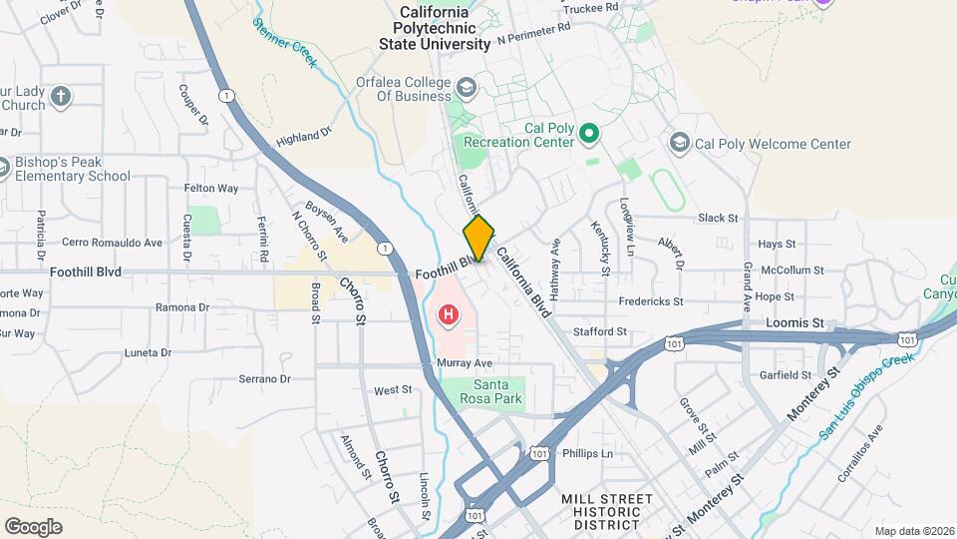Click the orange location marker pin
(479, 239)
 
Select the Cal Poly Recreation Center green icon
(588, 133)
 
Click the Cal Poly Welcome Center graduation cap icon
(680, 144)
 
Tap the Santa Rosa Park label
(497, 391)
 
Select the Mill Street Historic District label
(606, 511)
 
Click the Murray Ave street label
(465, 362)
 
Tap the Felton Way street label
(211, 188)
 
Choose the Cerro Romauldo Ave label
(112, 243)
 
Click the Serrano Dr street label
(264, 379)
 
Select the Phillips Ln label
(587, 453)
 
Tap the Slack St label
(718, 218)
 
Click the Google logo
(33, 526)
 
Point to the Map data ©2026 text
(913, 531)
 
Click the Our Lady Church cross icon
(61, 97)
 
